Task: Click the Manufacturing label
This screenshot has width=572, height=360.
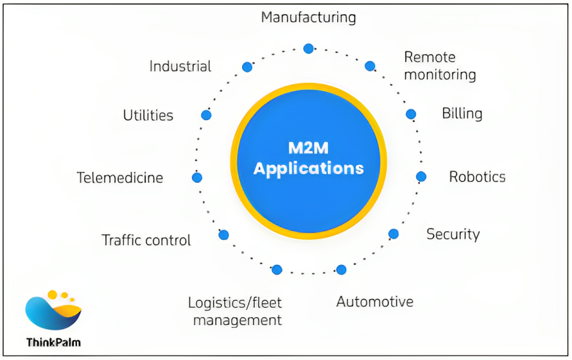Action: [x=308, y=17]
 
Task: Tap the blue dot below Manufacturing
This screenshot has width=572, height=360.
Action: [x=309, y=48]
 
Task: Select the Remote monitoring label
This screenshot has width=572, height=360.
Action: [x=439, y=66]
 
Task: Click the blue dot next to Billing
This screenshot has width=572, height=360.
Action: [x=411, y=114]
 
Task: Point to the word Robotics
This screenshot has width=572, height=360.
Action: [x=477, y=177]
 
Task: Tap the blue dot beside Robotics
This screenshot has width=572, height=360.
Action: [x=421, y=177]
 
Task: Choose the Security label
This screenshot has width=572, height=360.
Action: [x=453, y=234]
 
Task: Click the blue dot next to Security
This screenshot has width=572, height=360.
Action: [x=393, y=234]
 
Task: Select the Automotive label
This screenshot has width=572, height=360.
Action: [x=375, y=301]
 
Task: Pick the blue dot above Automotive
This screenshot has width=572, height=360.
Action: [x=341, y=270]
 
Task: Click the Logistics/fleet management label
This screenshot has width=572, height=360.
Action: [x=235, y=311]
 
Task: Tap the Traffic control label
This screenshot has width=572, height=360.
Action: [x=146, y=240]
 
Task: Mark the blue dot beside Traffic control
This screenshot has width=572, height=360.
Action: [x=223, y=235]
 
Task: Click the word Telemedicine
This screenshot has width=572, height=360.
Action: [x=120, y=178]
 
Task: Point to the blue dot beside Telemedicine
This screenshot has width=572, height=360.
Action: [x=197, y=177]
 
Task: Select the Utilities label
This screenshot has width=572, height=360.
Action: [x=148, y=115]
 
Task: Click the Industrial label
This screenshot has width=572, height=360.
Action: [x=180, y=66]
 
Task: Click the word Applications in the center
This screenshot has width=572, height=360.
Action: [x=309, y=168]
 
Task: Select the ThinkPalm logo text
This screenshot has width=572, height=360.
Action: [x=53, y=342]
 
